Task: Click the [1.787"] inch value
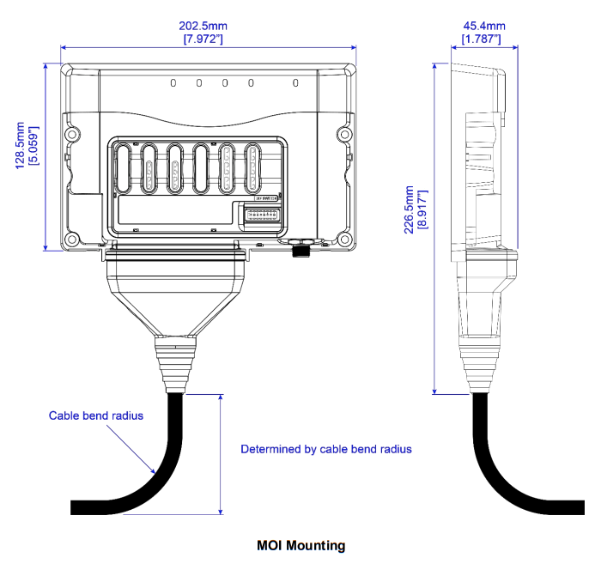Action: coord(482,39)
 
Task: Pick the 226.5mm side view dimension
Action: coord(410,209)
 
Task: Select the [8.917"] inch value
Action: coord(422,209)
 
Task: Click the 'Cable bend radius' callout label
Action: coord(95,415)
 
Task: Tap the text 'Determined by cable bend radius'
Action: coord(325,449)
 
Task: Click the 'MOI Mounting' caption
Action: coord(301,545)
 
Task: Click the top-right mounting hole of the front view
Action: coord(343,134)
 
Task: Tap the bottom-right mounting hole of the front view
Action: coord(343,239)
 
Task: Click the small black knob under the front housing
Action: coord(301,252)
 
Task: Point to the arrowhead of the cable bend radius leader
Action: coord(155,472)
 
